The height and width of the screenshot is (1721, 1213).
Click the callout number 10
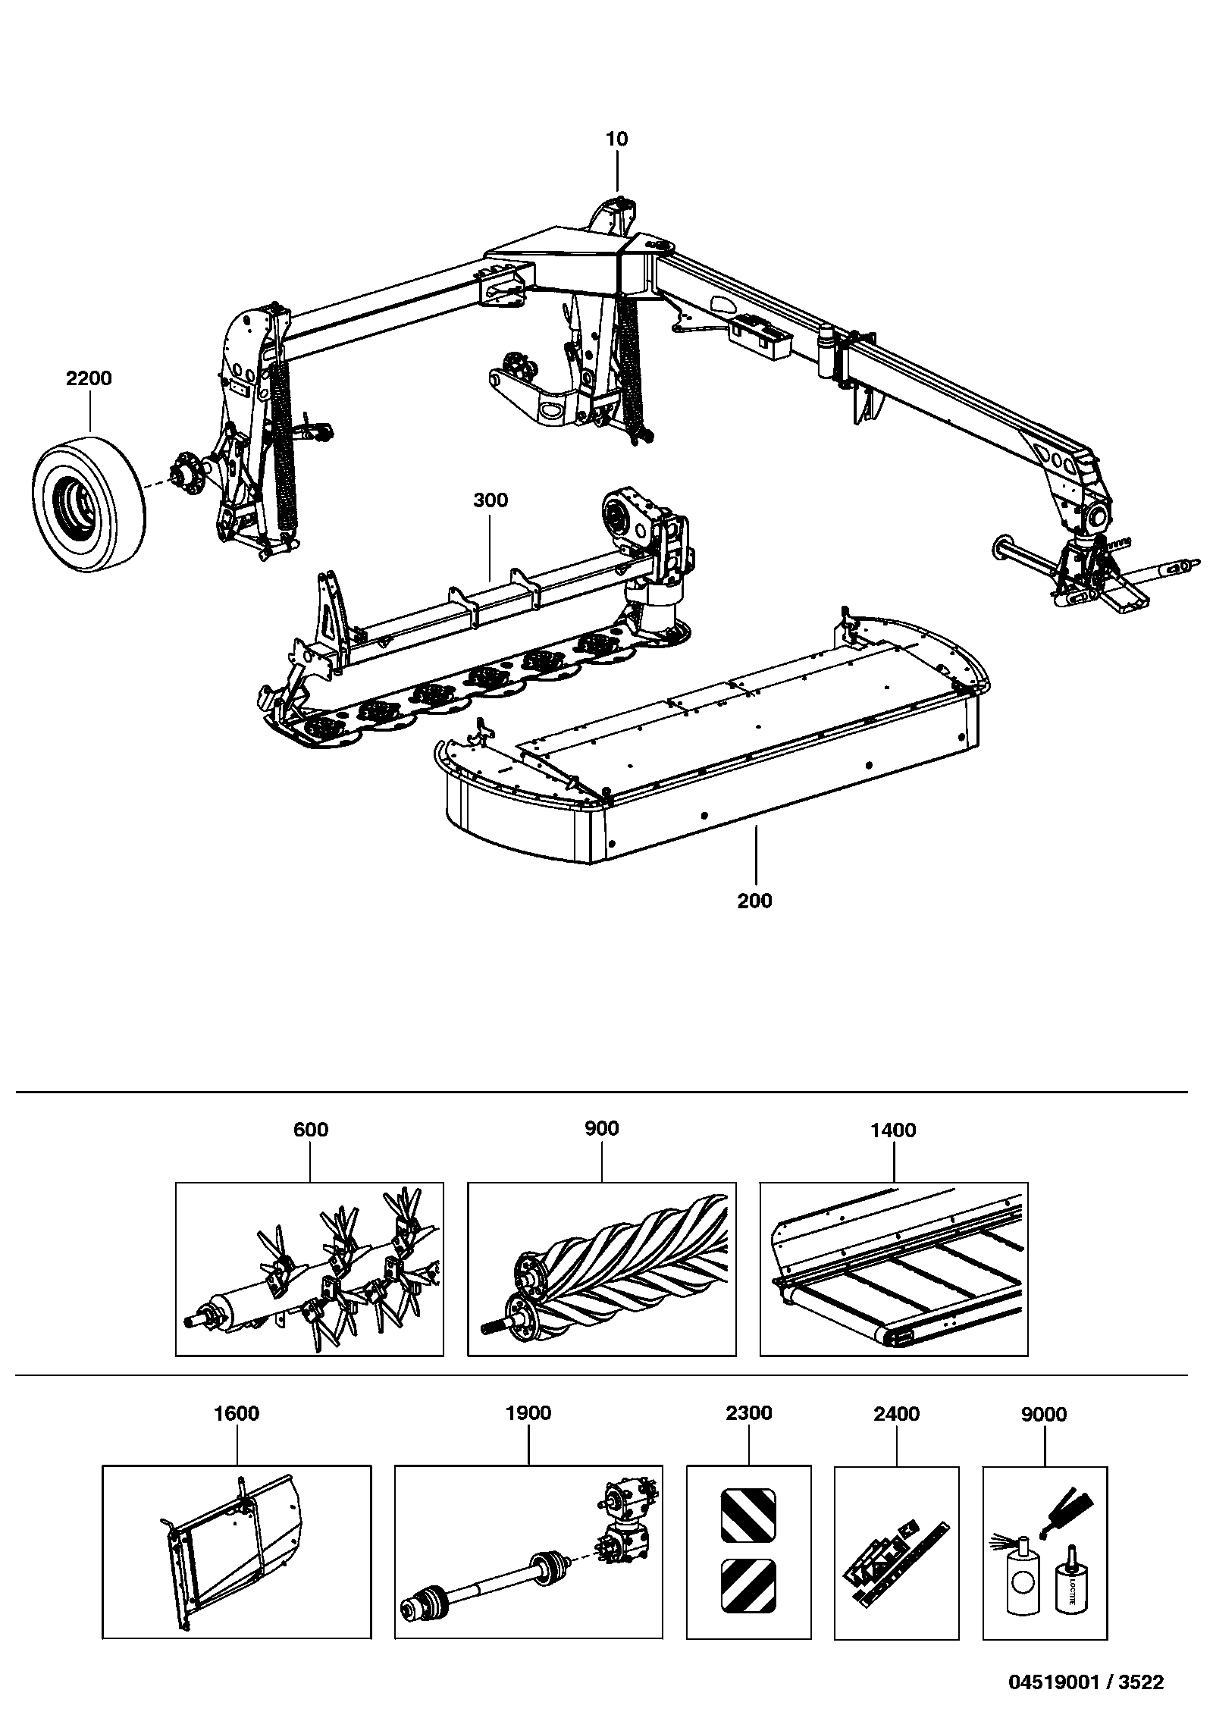[617, 139]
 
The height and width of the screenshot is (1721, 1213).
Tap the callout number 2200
[89, 378]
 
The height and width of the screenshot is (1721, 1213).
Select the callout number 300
[491, 500]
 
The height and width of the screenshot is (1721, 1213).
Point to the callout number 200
[755, 901]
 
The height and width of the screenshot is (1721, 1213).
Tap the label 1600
[237, 1413]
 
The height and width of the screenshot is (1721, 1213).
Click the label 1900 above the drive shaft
[528, 1413]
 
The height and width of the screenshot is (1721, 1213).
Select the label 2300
[749, 1413]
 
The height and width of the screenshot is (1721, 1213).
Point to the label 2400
[897, 1414]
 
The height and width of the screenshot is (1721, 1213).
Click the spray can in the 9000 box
[1023, 1573]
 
